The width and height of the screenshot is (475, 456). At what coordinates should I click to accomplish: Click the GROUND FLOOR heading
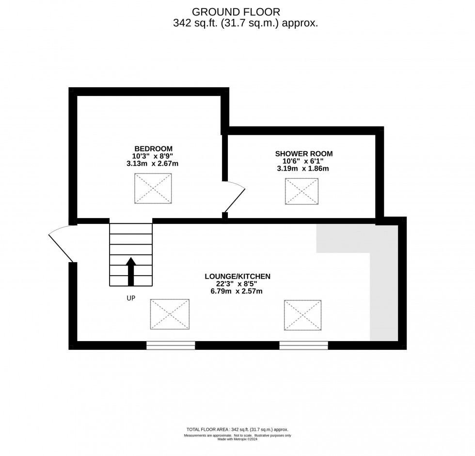236,12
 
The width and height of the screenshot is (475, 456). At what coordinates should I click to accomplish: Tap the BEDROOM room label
153,148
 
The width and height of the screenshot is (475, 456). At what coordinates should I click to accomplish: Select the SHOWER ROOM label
304,154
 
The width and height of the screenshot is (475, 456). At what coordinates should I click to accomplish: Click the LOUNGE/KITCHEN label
237,276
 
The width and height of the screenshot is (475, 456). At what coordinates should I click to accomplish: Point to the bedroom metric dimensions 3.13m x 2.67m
153,164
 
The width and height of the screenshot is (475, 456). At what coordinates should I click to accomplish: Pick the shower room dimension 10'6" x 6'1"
302,161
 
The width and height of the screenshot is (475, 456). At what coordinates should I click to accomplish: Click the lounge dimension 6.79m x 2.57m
237,291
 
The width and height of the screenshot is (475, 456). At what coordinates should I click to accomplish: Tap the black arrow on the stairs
131,271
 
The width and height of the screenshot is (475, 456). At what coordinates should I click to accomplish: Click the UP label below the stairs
131,299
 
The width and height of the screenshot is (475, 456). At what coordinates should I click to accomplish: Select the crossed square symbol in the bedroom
153,188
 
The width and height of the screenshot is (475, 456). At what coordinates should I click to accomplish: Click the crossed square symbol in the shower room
301,191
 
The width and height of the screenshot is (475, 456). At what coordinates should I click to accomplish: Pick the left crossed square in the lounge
170,314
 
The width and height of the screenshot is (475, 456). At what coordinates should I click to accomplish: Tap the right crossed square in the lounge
303,315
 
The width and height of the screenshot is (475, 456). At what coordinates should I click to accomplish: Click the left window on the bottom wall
171,346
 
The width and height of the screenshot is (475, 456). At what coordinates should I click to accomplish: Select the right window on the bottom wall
303,346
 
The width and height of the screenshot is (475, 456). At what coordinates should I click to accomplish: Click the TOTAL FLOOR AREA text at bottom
237,429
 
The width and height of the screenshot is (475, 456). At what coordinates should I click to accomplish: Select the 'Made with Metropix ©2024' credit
237,440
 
